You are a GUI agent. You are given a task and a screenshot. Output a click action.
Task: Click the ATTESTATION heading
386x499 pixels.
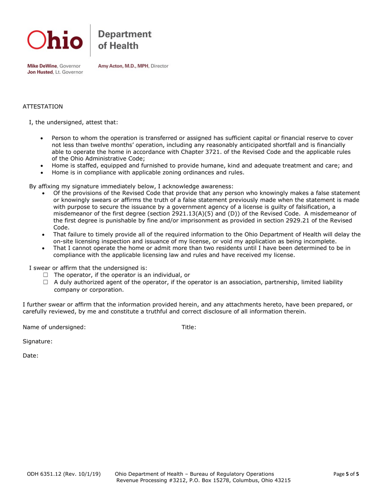coord(43,107)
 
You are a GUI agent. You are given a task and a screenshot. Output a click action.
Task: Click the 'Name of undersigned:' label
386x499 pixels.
coord(54,327)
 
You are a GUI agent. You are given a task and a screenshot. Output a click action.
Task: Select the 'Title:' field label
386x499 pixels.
coord(189,327)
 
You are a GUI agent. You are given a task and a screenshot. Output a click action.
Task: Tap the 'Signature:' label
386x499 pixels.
coord(37,342)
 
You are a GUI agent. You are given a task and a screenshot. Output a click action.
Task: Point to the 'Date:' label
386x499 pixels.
coord(30,356)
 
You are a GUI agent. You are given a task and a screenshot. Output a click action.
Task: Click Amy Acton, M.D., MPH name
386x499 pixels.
coord(121,66)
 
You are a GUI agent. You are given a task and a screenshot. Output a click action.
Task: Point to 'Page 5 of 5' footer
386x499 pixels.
coord(346,474)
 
